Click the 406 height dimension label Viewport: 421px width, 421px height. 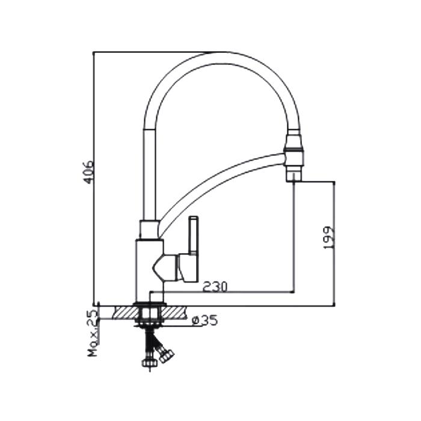(88, 172)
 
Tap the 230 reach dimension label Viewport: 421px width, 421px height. (215, 287)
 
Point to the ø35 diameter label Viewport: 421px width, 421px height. (205, 321)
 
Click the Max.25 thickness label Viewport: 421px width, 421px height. (93, 333)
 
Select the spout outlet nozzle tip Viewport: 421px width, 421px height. (294, 176)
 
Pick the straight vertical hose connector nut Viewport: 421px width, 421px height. (149, 363)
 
